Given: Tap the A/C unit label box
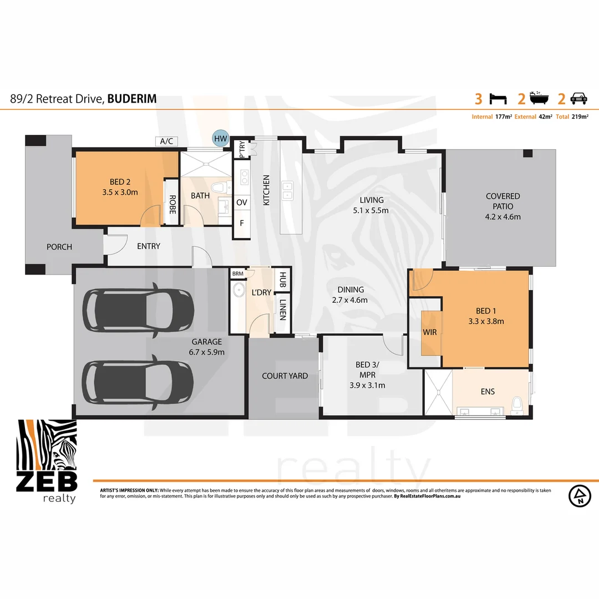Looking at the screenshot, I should click(166, 141).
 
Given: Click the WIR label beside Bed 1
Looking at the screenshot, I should click(430, 333).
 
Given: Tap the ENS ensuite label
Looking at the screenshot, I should click(488, 392).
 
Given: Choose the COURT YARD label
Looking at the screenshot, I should click(285, 376).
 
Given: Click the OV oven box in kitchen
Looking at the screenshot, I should click(241, 203).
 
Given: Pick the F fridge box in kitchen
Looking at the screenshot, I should click(241, 224).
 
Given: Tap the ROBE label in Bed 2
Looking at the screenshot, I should click(172, 205).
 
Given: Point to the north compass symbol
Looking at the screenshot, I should click(580, 495).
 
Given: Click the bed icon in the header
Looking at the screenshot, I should click(498, 99).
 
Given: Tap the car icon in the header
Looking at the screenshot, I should click(580, 99).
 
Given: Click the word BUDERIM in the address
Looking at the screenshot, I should click(132, 99).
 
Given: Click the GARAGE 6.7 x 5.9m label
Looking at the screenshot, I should click(207, 347).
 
